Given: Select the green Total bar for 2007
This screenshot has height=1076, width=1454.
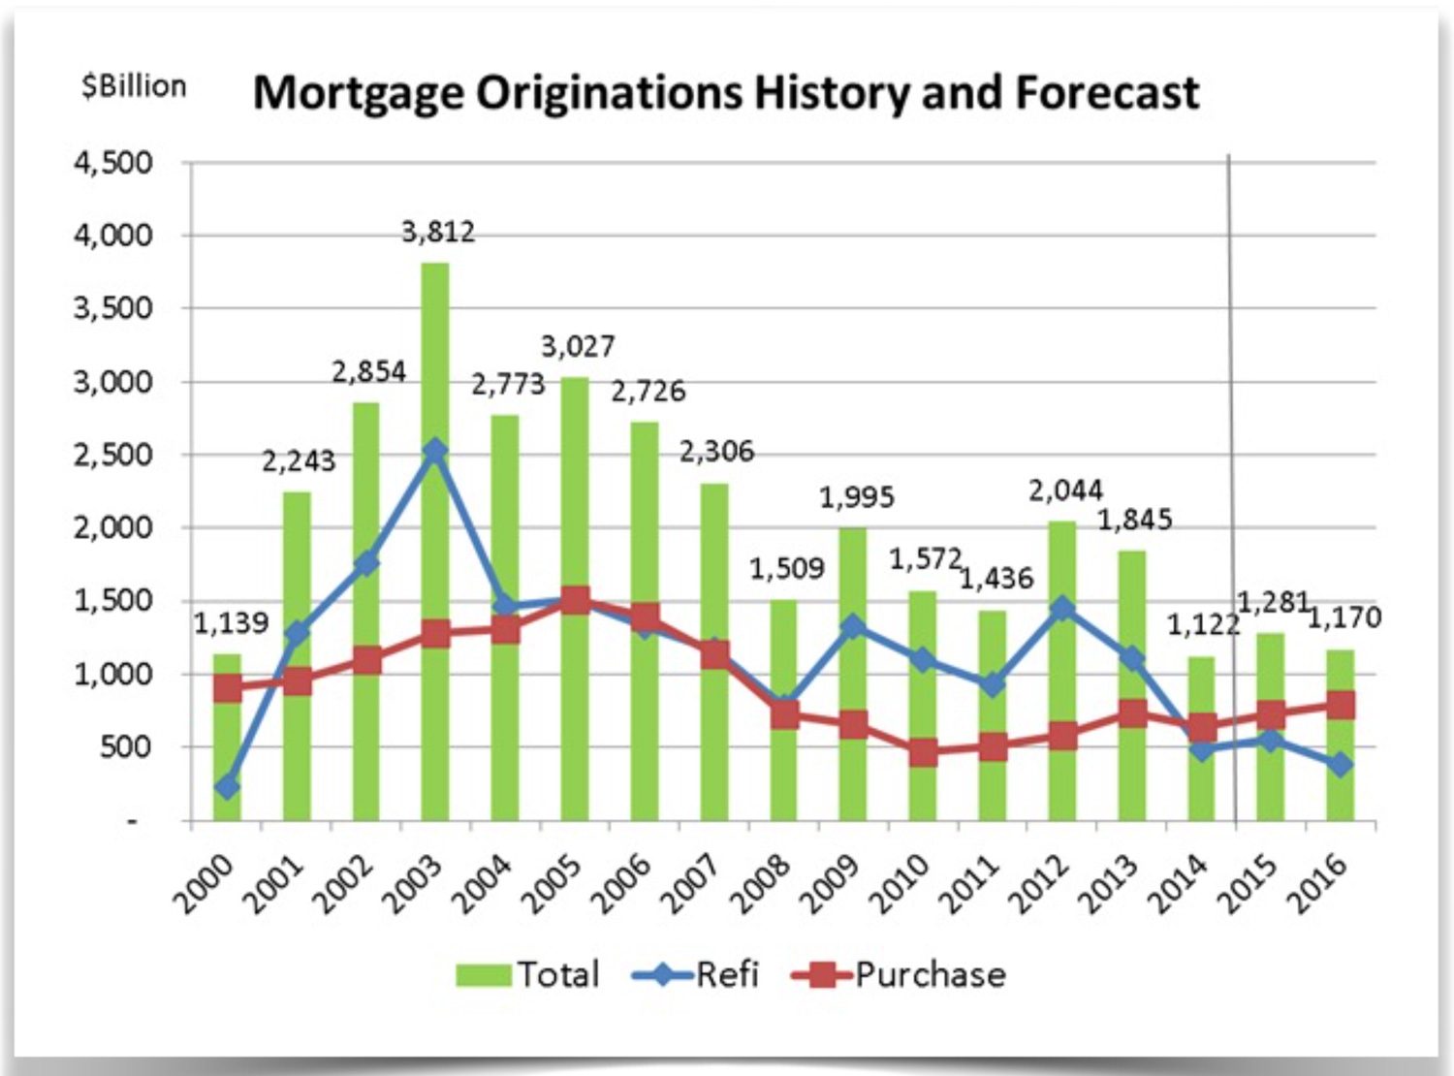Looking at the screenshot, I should (x=714, y=562).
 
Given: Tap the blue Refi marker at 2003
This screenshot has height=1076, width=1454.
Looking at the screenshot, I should (x=435, y=451).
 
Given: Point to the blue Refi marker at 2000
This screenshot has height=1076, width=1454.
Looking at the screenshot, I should (x=227, y=786).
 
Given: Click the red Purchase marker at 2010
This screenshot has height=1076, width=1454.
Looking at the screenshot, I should (x=924, y=751).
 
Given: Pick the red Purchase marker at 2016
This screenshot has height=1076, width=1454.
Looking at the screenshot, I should (x=1341, y=704).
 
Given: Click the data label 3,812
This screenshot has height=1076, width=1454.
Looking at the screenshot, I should (x=438, y=233).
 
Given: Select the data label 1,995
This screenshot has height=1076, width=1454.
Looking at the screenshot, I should (x=856, y=497).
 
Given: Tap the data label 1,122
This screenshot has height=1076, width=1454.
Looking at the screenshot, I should (x=1202, y=625).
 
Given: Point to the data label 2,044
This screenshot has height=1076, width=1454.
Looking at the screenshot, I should (x=1065, y=491).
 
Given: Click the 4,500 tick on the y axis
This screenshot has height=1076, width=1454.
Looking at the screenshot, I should (x=113, y=162).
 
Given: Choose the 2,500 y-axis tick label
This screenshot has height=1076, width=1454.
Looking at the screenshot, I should (x=113, y=455).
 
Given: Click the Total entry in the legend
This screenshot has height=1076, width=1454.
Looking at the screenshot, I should (x=528, y=974).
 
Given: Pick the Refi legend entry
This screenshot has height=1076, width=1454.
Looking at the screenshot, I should (x=695, y=974).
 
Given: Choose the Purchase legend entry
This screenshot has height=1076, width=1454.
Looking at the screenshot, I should (x=899, y=974).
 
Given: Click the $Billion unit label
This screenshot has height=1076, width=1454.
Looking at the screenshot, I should (x=134, y=86).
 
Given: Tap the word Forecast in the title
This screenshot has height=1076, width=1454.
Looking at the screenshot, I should (x=1107, y=93).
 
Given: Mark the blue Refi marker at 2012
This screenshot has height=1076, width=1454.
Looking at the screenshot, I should (x=1062, y=609).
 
